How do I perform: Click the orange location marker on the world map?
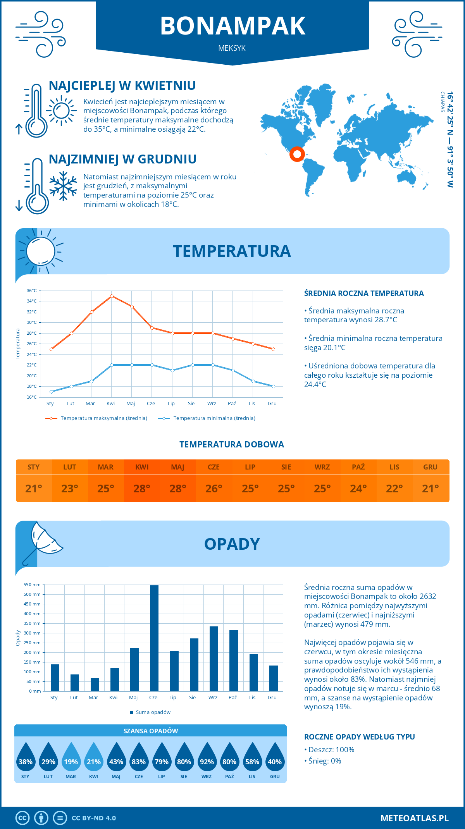[297, 154]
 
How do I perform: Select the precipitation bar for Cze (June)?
[154, 638]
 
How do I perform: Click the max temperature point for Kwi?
[112, 296]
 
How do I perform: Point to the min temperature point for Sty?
[51, 392]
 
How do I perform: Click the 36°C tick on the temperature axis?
[32, 291]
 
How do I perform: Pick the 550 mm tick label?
[32, 585]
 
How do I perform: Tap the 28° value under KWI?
[142, 488]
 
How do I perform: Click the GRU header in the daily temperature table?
[430, 467]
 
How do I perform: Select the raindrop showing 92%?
[207, 757]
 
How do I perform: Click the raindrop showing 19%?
[71, 757]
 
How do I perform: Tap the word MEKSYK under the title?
[232, 48]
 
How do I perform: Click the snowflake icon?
[63, 186]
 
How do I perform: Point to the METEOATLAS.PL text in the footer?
[415, 818]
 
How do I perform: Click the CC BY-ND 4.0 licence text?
[94, 818]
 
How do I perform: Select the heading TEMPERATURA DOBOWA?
[232, 444]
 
